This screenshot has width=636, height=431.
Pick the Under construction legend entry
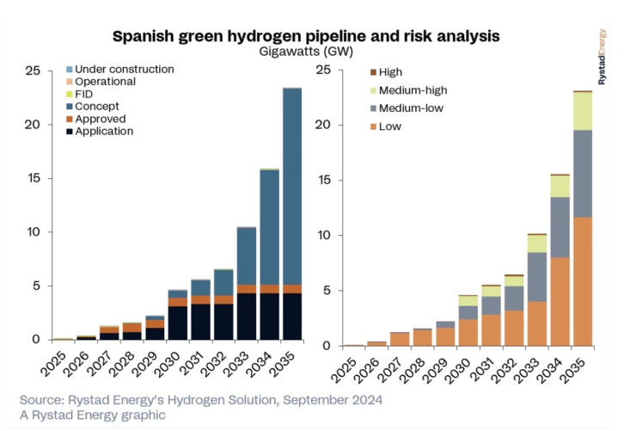tap(125, 69)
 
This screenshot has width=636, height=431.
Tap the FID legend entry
tap(86, 94)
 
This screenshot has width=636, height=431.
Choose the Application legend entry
tap(105, 131)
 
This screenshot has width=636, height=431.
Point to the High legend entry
tap(389, 71)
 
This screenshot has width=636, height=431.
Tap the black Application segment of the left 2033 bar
tap(246, 316)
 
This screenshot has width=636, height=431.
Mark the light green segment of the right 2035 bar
tap(583, 110)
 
